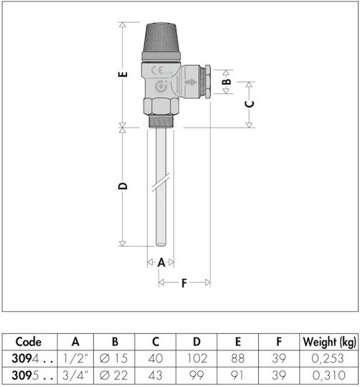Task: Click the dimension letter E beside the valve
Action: (123, 74)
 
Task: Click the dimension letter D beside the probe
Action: (123, 186)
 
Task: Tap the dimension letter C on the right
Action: (250, 104)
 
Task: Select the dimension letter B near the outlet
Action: (227, 82)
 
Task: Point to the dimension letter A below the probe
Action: (161, 262)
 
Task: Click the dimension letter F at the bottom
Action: (184, 283)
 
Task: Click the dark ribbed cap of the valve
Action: (161, 37)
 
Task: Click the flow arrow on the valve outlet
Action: (190, 82)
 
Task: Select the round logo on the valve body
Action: (161, 87)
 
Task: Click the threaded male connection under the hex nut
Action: (161, 121)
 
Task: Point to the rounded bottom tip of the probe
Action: (161, 244)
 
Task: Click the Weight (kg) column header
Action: (329, 342)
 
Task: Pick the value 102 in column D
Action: (196, 358)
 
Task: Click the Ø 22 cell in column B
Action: (114, 376)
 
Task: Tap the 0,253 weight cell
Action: (328, 358)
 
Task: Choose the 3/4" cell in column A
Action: (75, 376)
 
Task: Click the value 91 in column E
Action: (237, 376)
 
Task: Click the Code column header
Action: (29, 342)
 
